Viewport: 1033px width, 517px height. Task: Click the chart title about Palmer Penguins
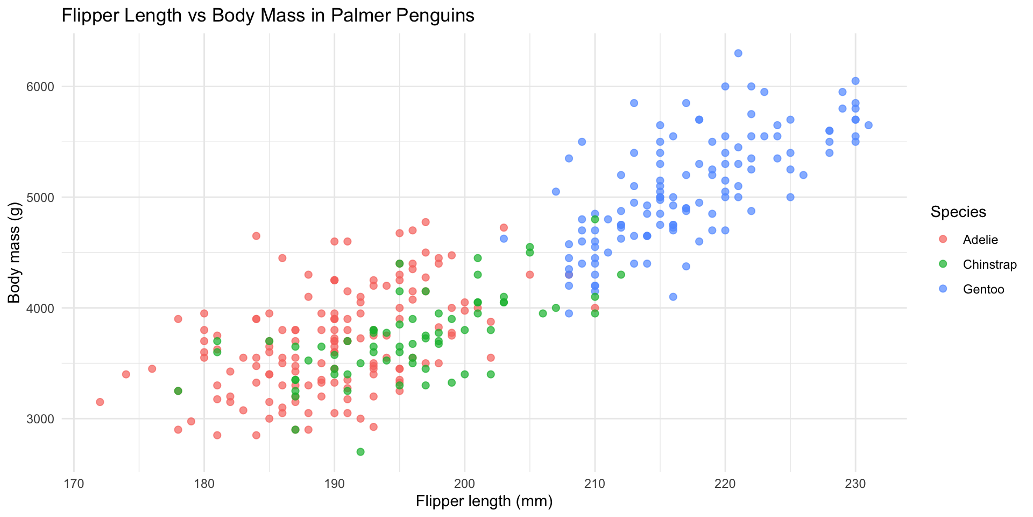click(x=268, y=16)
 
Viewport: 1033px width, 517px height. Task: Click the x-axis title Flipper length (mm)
click(x=484, y=501)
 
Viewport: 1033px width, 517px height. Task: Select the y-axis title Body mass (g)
click(x=14, y=253)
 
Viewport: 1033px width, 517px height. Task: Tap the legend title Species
click(x=958, y=212)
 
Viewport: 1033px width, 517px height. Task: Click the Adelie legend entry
click(x=980, y=240)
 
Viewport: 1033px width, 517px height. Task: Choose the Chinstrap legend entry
click(x=989, y=265)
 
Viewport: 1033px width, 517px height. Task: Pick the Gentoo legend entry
click(x=984, y=290)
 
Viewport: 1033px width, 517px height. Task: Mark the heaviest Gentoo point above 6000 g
click(x=738, y=53)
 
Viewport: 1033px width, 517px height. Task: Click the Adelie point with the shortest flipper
click(x=100, y=402)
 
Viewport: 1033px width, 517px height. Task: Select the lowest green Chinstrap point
click(x=360, y=452)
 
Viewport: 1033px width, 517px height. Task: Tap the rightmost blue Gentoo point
click(x=868, y=125)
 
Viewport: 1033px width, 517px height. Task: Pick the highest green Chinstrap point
click(x=595, y=219)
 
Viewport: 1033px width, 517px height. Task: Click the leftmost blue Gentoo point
click(x=504, y=239)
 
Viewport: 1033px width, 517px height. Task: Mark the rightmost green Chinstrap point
click(x=621, y=275)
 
